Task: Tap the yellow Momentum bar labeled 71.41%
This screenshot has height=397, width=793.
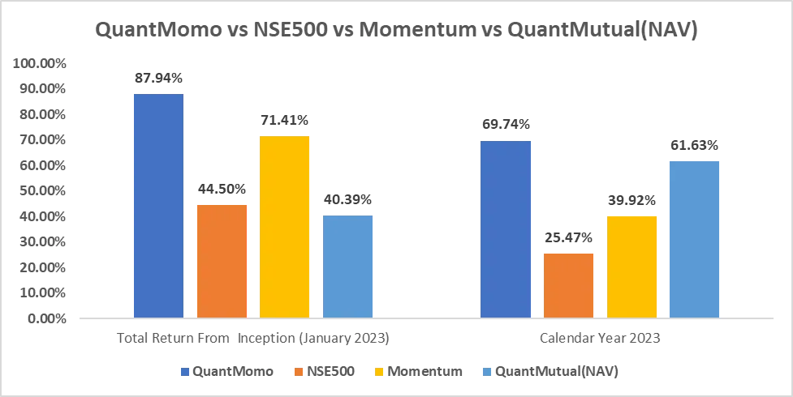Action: (x=285, y=226)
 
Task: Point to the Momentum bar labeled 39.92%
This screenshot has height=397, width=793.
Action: (x=631, y=267)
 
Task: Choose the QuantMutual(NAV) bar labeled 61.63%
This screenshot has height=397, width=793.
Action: (x=695, y=239)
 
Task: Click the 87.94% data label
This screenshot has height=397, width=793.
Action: (x=158, y=79)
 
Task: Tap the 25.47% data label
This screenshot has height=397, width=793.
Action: (x=568, y=238)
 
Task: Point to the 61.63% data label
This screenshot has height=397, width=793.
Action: (x=695, y=146)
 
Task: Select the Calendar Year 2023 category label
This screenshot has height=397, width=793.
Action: (x=600, y=339)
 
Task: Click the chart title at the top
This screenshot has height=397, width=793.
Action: (x=396, y=30)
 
